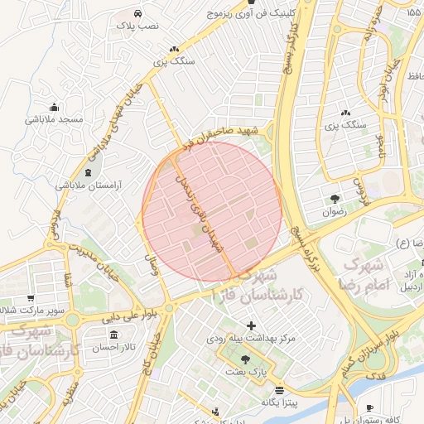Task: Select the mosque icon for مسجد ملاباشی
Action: [55, 107]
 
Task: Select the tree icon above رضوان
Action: [335, 199]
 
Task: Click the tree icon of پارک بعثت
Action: [244, 359]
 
